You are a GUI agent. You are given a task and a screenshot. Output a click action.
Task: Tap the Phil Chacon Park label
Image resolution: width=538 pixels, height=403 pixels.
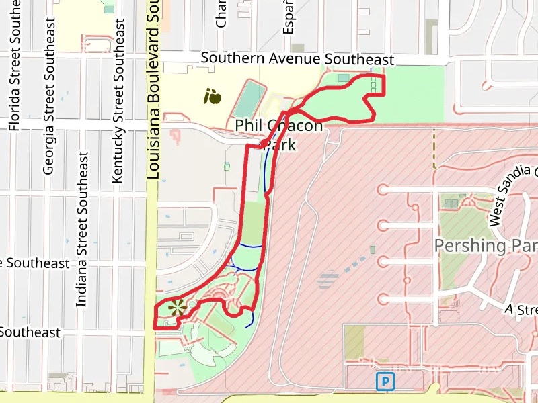(x=278, y=134)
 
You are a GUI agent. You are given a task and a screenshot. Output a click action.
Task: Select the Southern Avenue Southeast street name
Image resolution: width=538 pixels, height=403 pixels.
(x=297, y=59)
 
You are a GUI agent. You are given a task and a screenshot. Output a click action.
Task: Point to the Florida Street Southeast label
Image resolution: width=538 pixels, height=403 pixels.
(x=14, y=75)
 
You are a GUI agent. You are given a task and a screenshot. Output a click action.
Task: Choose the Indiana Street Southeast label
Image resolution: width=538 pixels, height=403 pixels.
(x=82, y=228)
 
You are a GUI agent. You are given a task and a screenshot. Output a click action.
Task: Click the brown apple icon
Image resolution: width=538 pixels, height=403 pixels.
(x=213, y=96)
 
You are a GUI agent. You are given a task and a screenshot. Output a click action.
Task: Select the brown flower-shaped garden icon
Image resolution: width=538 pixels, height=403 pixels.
(x=176, y=308)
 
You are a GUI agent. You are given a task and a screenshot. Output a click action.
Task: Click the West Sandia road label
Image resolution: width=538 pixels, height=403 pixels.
(x=512, y=194)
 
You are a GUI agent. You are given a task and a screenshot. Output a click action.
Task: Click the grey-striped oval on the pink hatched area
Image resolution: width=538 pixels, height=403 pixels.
(x=328, y=278)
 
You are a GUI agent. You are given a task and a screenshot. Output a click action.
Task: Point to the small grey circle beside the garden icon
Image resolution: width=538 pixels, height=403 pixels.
(x=192, y=305)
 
